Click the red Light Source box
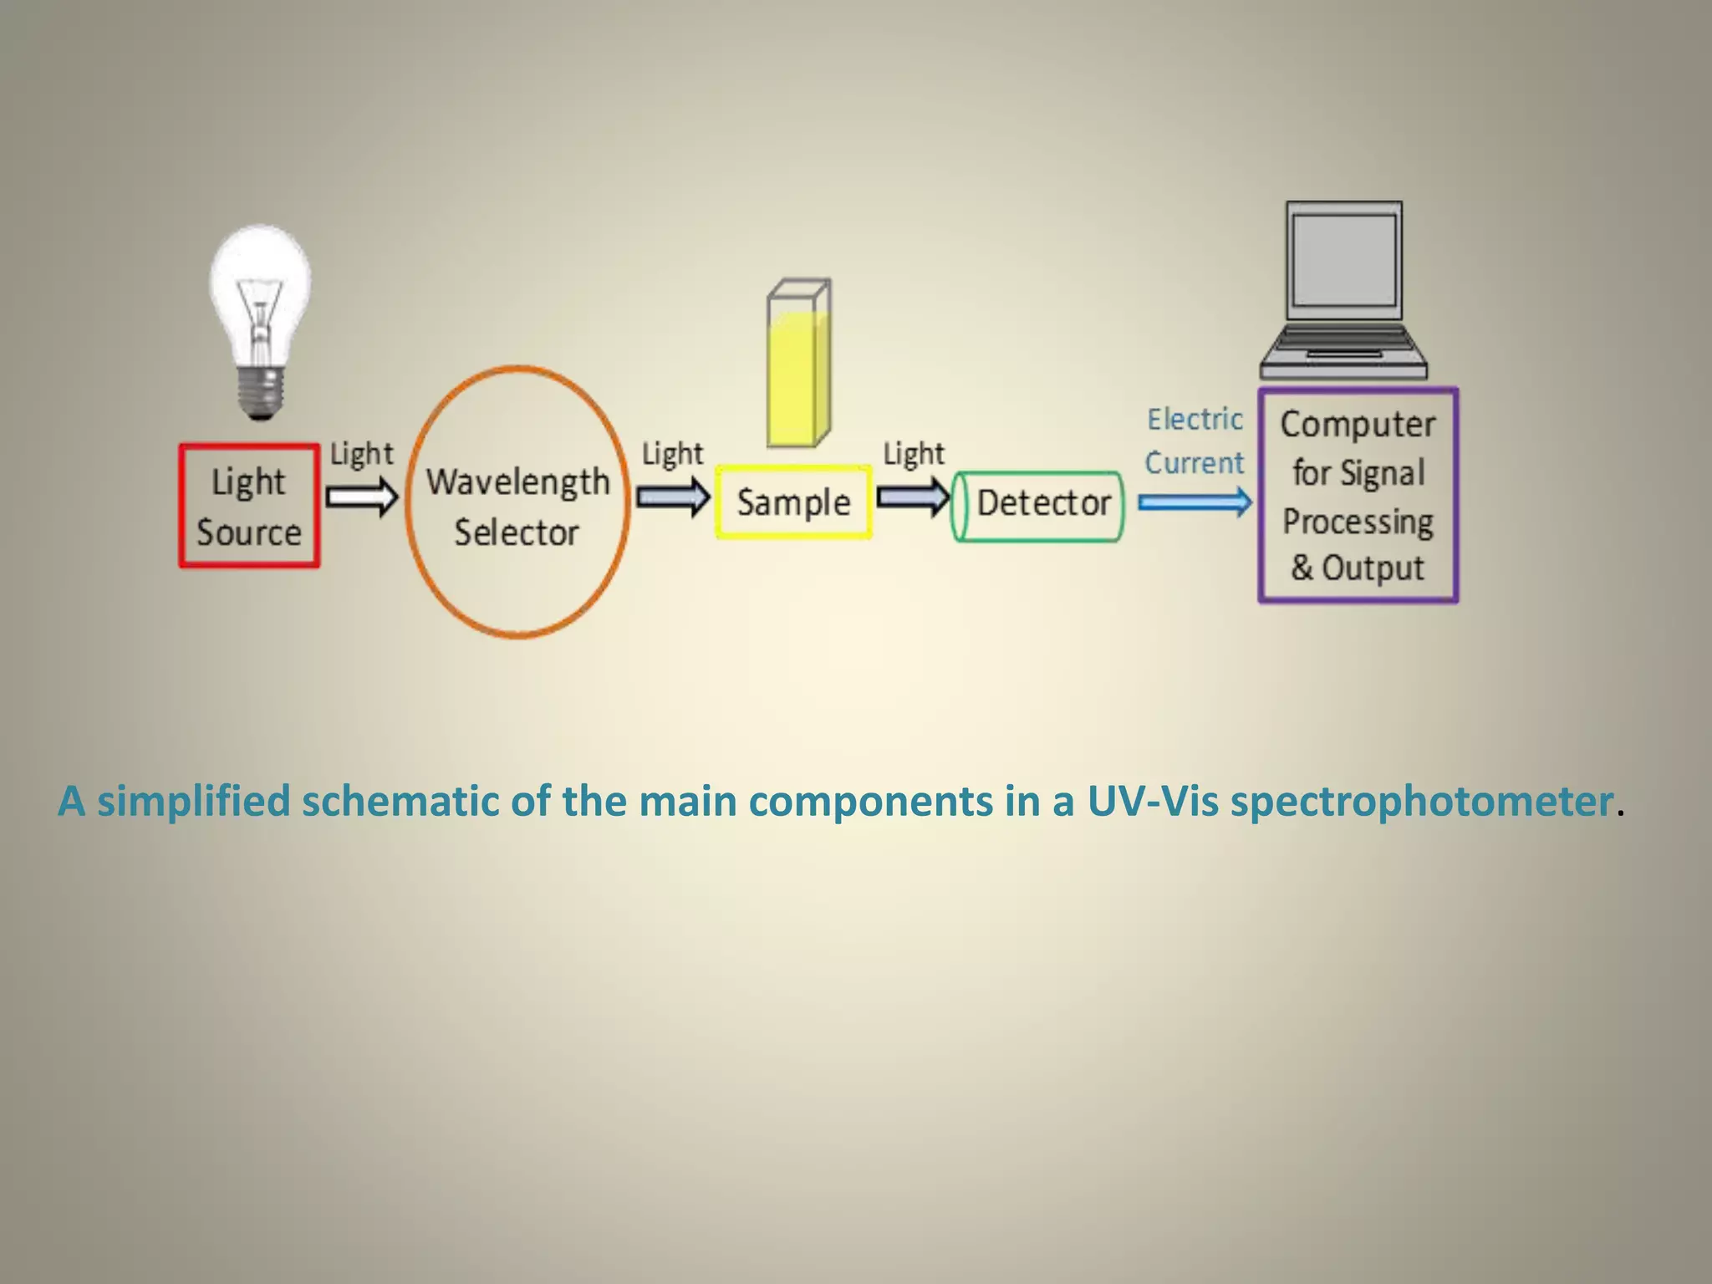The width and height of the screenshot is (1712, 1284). click(249, 507)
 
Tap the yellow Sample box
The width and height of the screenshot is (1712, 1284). click(793, 502)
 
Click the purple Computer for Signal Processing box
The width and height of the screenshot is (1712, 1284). click(1358, 495)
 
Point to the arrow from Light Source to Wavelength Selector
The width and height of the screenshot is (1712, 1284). click(362, 497)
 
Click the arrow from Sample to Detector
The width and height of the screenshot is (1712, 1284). click(913, 498)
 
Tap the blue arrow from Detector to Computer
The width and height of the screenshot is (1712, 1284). click(1195, 502)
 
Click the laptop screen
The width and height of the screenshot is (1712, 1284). click(1343, 261)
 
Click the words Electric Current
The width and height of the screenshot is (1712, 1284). click(1195, 441)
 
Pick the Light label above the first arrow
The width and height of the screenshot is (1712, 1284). click(361, 454)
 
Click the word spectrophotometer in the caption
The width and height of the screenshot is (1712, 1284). click(1421, 801)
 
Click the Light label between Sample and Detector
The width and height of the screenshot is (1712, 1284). click(914, 454)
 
